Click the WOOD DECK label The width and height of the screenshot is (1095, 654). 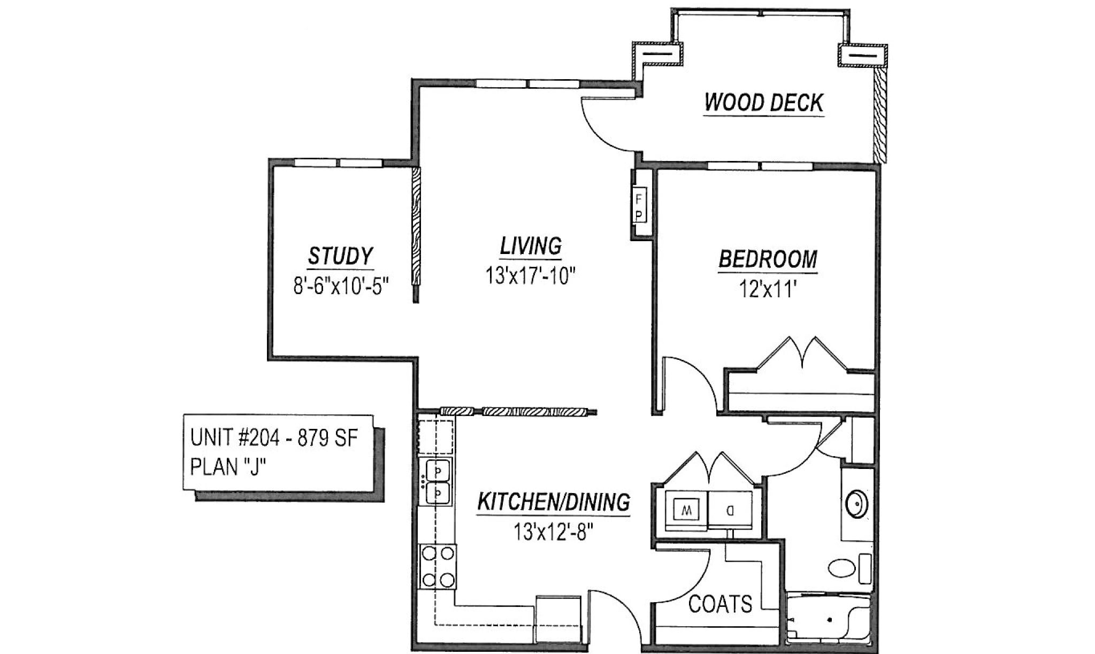(x=763, y=102)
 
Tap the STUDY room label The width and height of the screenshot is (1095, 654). (x=340, y=256)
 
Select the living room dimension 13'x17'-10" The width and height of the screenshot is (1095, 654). (x=530, y=276)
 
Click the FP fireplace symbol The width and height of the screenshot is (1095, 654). (x=639, y=206)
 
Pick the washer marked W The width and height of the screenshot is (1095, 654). (x=686, y=511)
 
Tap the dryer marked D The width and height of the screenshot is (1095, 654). (x=730, y=511)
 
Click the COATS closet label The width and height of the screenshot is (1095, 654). (x=720, y=604)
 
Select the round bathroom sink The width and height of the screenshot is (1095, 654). (x=856, y=503)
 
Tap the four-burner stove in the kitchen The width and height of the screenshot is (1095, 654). (x=438, y=566)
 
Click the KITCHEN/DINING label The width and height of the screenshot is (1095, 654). (x=553, y=503)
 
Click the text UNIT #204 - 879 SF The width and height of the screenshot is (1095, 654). (x=274, y=438)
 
